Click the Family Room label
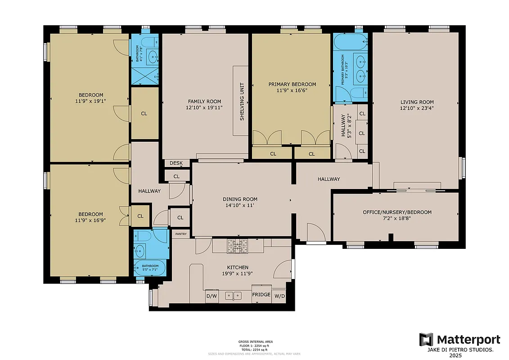tap(204, 102)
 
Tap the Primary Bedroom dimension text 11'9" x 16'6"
tap(292, 90)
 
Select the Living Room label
tap(417, 102)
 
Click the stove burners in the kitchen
tap(237, 246)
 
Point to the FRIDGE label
tap(261, 295)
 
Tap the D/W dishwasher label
tap(212, 296)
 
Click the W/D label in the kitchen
tap(279, 296)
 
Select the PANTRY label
tap(181, 234)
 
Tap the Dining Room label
tap(240, 199)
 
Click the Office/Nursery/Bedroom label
tap(397, 212)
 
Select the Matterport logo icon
tap(426, 339)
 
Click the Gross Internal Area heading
tap(255, 342)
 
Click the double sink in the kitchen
tap(234, 296)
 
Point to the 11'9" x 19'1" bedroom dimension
tap(90, 101)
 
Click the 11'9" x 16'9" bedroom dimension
tap(90, 220)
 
